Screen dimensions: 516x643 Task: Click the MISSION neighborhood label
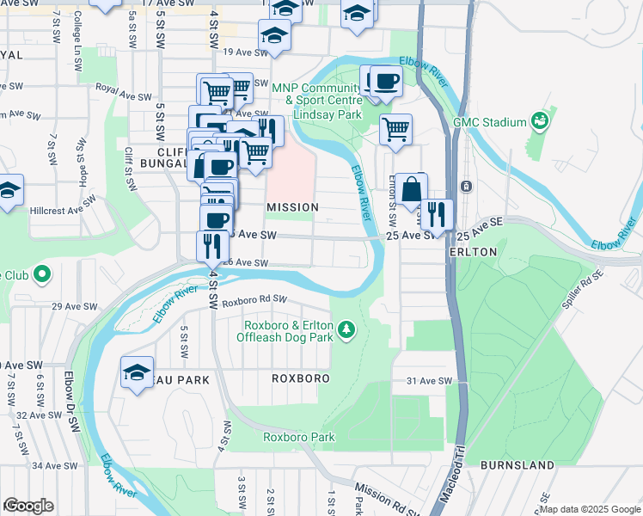tap(292, 207)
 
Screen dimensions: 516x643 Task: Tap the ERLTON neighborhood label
tap(473, 252)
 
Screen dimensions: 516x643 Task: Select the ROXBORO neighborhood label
tap(301, 378)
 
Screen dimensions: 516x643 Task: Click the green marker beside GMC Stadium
tap(541, 122)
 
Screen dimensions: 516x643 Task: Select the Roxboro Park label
tap(298, 437)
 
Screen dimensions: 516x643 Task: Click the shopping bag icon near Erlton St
tap(413, 187)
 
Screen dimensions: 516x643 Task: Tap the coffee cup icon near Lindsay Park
tap(385, 82)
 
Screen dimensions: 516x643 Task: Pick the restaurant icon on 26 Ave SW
tap(211, 245)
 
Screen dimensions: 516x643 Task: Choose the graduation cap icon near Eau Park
tap(137, 372)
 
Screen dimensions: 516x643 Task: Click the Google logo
tap(28, 506)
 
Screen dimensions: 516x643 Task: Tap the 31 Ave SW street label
tap(422, 381)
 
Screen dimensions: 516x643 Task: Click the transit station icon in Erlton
tap(466, 186)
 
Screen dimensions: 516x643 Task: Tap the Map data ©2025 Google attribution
tap(590, 509)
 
